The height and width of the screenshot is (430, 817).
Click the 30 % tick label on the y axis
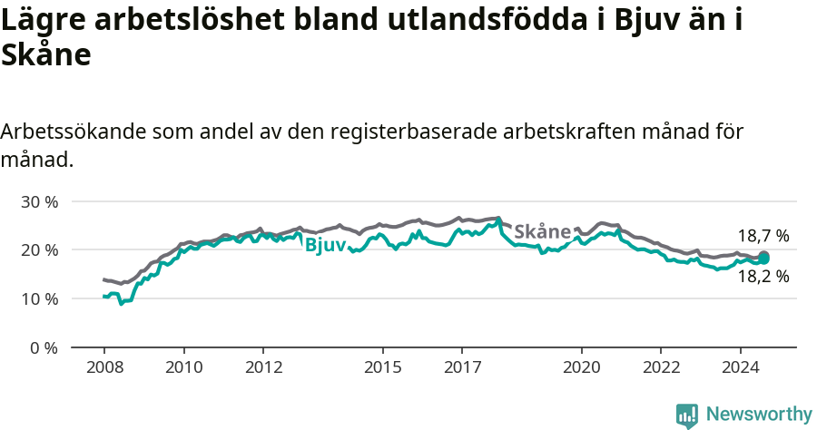click(38, 201)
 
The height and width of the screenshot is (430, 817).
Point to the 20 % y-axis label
click(38, 250)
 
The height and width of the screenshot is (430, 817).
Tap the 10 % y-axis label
click(38, 299)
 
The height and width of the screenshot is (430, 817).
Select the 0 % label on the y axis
click(42, 348)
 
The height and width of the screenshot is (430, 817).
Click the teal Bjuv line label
click(325, 245)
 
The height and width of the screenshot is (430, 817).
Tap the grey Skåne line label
click(542, 231)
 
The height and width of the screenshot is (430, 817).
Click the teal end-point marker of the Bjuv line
click(763, 259)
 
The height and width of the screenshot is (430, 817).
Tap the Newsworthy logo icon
click(687, 415)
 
